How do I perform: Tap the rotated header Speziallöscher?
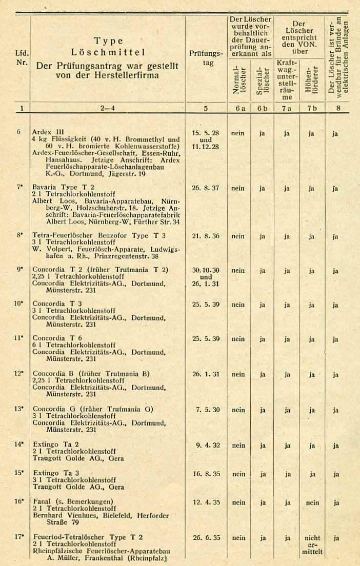pyautogui.click(x=262, y=79)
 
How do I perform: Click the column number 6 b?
pyautogui.click(x=262, y=108)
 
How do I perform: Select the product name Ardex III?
pyautogui.click(x=48, y=132)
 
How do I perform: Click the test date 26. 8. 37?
pyautogui.click(x=206, y=188)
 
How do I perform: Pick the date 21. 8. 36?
pyautogui.click(x=206, y=236)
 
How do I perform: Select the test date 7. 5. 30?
pyautogui.click(x=207, y=410)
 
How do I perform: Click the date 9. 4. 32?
pyautogui.click(x=208, y=445)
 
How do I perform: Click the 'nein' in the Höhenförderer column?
pyautogui.click(x=312, y=503)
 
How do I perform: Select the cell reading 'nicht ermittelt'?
pyautogui.click(x=312, y=545)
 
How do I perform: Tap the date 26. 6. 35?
pyautogui.click(x=206, y=538)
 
